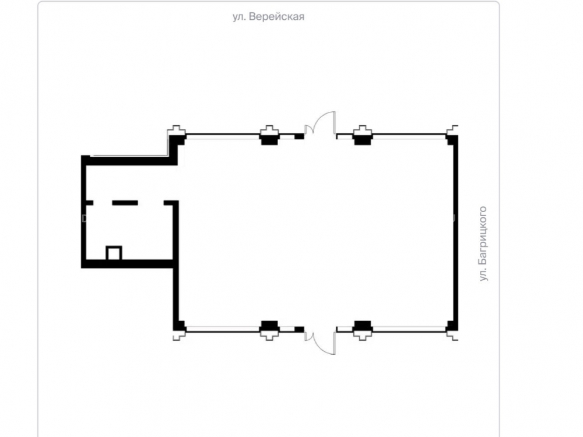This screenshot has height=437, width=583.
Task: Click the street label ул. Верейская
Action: coord(268,17)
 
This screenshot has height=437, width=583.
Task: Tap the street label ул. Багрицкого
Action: coord(483,244)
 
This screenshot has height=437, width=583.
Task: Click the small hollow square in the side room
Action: coord(114,253)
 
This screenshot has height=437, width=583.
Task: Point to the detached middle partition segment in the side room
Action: coord(125,203)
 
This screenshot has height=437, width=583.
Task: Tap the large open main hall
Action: coord(316,232)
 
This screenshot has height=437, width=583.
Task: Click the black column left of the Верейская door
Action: coord(269,139)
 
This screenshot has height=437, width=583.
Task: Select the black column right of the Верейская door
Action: coord(363,139)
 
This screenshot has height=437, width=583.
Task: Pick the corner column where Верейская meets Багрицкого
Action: coord(452,140)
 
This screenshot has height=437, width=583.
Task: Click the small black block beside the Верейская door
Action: coord(299,137)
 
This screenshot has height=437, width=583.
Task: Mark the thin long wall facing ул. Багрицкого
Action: coord(456,233)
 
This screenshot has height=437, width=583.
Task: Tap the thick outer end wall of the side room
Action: coord(83,212)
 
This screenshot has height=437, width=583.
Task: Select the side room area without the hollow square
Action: coord(128,182)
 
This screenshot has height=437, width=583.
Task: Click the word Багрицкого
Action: coord(483,235)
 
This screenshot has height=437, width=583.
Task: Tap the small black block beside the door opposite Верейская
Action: coord(299,329)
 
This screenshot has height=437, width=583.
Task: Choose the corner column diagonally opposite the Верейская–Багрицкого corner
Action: coord(180,326)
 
